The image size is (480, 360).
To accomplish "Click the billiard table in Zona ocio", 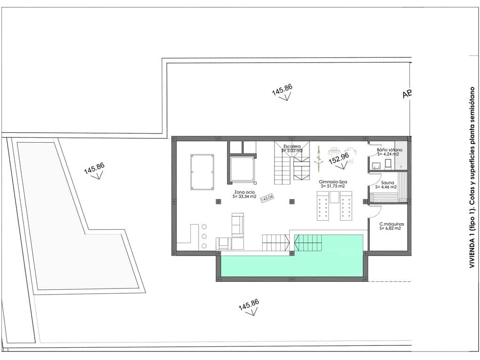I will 201,172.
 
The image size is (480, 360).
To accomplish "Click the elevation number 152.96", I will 338,159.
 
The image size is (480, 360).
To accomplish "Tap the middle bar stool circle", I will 204,236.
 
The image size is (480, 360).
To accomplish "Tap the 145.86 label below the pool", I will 248,305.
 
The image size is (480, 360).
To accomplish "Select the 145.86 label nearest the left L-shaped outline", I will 94,169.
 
